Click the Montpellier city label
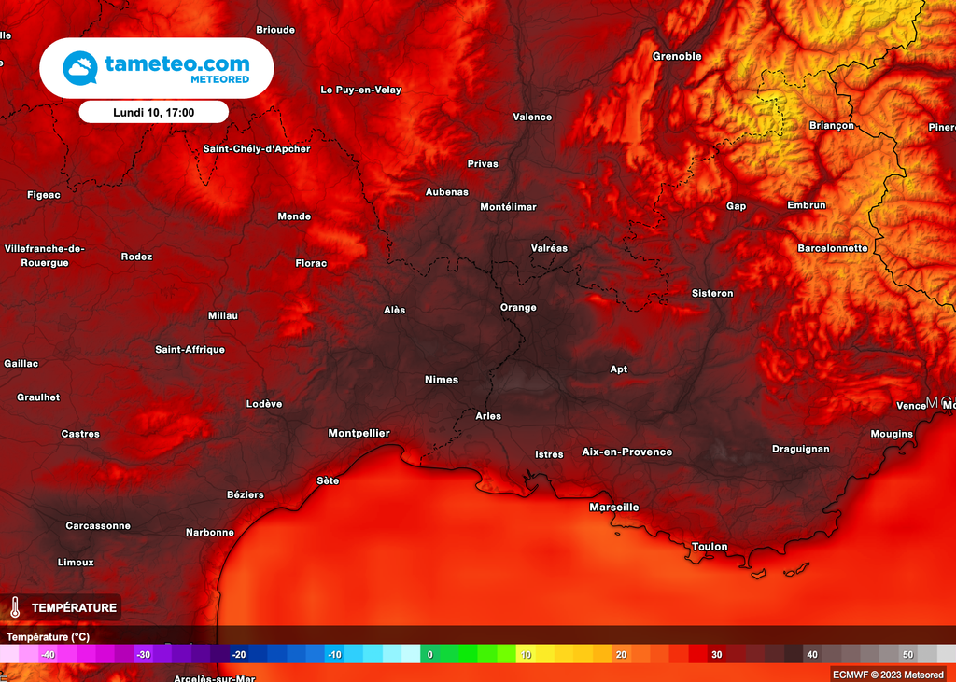coord(358,433)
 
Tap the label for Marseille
coord(614,508)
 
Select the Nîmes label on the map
coord(442,380)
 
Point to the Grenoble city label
coord(677,56)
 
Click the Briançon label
coord(831,125)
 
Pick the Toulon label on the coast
coord(710,547)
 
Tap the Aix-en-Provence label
coord(626,452)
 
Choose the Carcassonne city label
coord(98,526)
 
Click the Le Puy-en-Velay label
coord(360,90)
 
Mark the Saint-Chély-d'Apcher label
coord(257,148)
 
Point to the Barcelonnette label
coord(833,248)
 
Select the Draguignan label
coord(800,449)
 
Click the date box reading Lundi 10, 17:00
coord(153,112)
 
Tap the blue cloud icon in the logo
coord(80,68)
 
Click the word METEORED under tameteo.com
coord(219,80)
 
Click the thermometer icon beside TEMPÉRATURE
coord(15,607)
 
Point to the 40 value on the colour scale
coord(812,655)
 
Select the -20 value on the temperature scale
coord(238,655)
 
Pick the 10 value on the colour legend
coord(526,655)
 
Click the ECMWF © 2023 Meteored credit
coord(888,674)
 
